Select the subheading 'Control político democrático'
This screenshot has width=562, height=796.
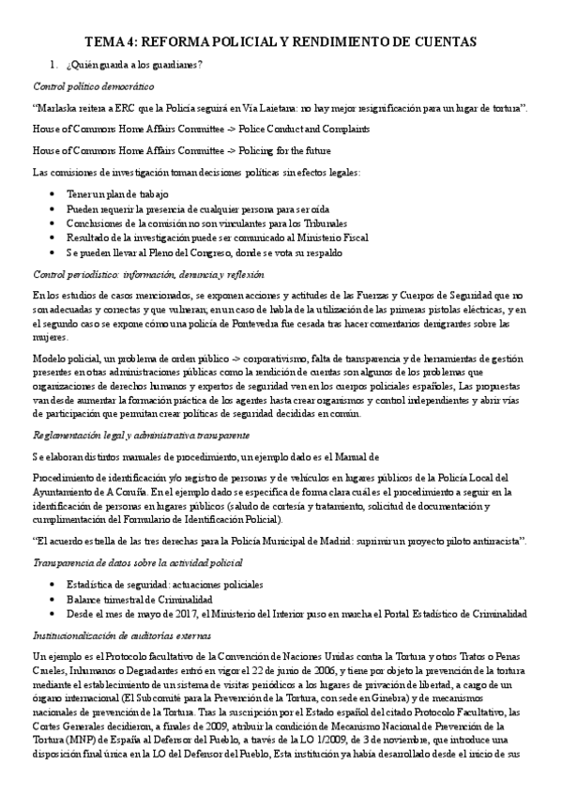[81, 85]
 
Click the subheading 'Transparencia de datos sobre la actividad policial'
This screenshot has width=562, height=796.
[137, 563]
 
